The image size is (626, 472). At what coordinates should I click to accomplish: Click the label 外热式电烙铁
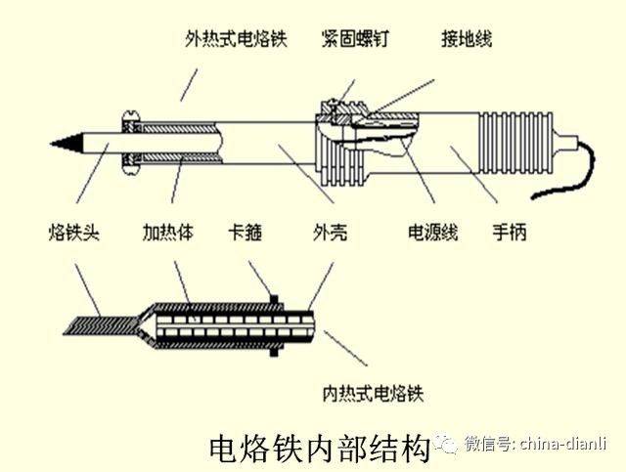pos(237,38)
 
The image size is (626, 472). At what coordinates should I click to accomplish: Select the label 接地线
pos(466,38)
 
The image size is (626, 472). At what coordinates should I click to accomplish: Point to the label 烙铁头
pos(74,233)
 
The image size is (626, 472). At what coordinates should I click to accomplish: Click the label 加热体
pos(169,233)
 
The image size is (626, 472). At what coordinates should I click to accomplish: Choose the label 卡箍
pos(246,233)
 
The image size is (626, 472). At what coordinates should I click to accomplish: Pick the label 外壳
pos(328,233)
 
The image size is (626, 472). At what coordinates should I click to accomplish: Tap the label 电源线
pos(433,233)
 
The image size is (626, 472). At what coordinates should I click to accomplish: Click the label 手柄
pos(511,233)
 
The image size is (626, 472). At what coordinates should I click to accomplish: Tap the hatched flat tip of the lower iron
pos(98,321)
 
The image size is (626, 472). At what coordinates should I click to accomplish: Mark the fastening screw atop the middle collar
pos(335,106)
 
